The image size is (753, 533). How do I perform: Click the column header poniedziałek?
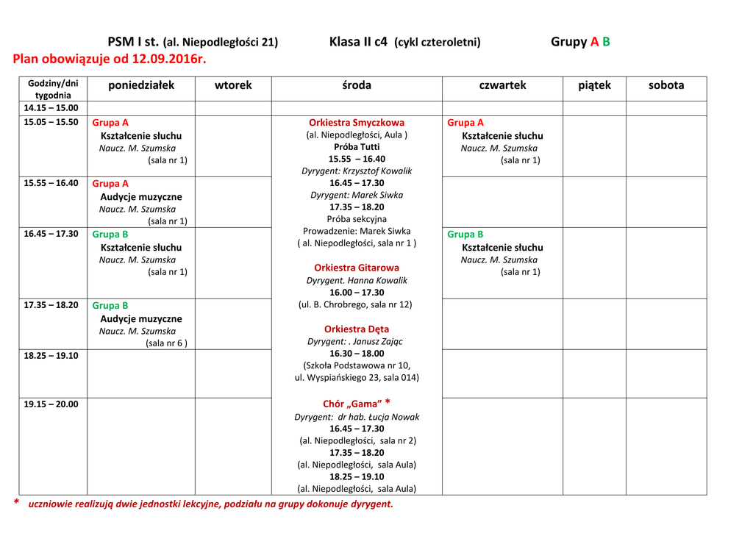tap(141, 85)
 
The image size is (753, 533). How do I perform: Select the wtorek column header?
tap(233, 85)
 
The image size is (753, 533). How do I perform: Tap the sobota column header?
tap(666, 85)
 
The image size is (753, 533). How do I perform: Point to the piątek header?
tap(594, 85)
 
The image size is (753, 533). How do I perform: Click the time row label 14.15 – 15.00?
tap(51, 108)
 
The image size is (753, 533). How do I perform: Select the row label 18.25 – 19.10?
tap(51, 355)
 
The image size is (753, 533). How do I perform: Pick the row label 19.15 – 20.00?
tap(51, 404)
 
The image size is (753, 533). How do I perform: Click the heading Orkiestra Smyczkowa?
tap(357, 123)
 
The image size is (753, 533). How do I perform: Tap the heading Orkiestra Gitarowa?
tap(357, 268)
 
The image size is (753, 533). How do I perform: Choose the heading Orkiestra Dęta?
tap(357, 329)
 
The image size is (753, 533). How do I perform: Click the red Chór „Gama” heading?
tap(352, 404)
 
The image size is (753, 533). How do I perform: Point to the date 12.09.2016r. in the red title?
tap(166, 59)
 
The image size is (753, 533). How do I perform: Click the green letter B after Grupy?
tap(606, 42)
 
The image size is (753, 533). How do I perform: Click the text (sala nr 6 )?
tap(166, 343)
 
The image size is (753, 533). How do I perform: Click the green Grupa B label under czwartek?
tap(465, 235)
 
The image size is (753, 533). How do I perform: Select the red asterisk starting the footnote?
tap(17, 503)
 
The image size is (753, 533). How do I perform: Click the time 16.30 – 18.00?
tap(357, 353)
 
